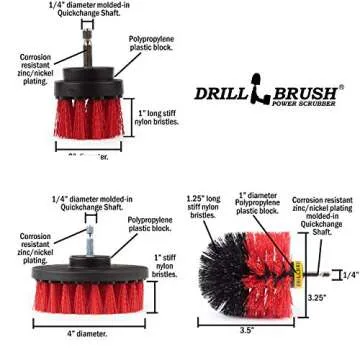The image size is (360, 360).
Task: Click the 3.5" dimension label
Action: coord(248,329)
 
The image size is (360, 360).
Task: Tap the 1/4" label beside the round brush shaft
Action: coord(350,275)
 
